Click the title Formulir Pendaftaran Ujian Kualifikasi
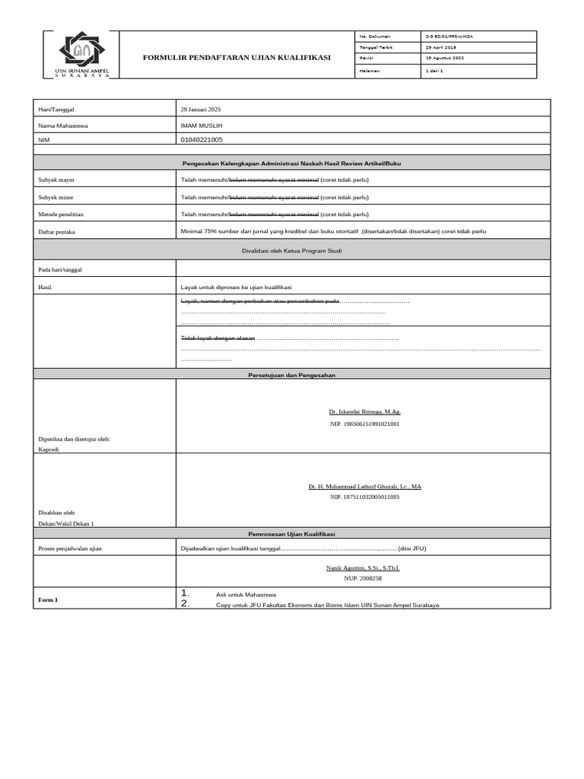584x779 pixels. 238,58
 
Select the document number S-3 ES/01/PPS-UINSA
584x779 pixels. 454,37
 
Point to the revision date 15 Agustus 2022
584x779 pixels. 445,59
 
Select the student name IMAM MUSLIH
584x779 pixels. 203,125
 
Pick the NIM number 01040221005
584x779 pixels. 202,140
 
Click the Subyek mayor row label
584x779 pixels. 56,180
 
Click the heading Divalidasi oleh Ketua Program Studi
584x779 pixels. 291,250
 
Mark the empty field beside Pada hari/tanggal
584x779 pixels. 363,269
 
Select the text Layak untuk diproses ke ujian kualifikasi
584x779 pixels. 236,287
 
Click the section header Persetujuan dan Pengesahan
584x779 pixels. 291,375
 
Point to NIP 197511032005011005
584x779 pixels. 364,497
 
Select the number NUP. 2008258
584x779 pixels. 363,578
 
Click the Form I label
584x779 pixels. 48,600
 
